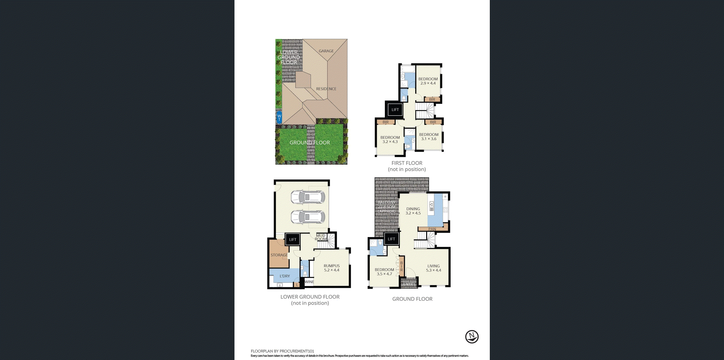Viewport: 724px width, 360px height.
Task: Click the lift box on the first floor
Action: [x=395, y=110]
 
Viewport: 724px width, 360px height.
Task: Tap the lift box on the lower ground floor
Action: [x=293, y=240]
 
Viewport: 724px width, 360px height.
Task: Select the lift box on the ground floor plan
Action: [x=391, y=239]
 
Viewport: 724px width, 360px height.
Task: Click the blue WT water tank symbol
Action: [x=279, y=117]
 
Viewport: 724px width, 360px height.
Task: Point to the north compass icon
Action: [x=472, y=337]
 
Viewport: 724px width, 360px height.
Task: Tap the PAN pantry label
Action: [x=432, y=229]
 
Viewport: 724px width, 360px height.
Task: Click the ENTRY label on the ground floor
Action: [x=409, y=284]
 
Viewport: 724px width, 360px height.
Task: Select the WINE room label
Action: [x=309, y=282]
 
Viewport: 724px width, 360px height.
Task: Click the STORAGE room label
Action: [x=279, y=255]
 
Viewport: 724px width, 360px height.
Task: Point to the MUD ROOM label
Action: [x=321, y=237]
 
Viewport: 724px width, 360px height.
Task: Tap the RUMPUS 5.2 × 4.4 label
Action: [x=332, y=268]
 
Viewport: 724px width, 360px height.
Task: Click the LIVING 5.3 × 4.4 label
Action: [x=433, y=268]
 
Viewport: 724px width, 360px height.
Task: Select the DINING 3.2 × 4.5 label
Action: [x=413, y=211]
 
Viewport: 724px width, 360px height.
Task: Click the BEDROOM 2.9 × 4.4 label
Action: [x=428, y=81]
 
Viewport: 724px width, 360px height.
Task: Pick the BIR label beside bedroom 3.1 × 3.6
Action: [x=433, y=122]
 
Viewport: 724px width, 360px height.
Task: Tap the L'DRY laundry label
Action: [x=284, y=276]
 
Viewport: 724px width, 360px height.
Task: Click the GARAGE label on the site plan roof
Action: [x=326, y=51]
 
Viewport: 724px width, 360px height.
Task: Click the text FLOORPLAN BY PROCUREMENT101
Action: [x=282, y=351]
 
